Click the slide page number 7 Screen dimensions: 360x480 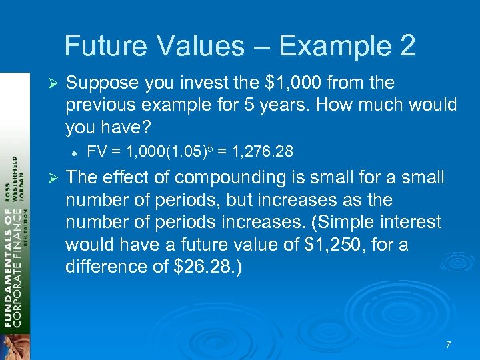448,345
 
